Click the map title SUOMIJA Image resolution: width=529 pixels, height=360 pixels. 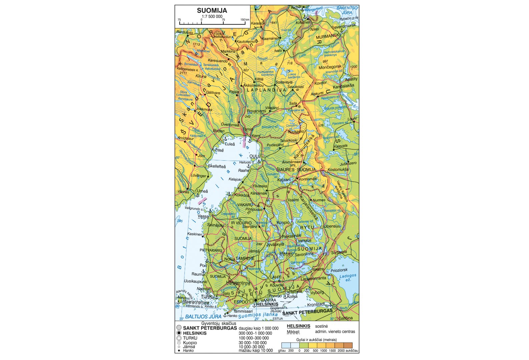point(212,10)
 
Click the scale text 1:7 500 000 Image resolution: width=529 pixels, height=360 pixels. point(212,16)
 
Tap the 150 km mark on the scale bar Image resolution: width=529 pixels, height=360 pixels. point(245,20)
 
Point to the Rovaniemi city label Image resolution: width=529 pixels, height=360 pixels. point(256,111)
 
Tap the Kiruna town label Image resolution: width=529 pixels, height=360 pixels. point(201,76)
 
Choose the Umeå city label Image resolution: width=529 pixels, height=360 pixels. point(202,191)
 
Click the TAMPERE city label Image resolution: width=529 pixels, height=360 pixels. point(245,258)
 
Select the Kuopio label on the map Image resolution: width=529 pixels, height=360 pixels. point(283,222)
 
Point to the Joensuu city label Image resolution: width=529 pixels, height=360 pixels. point(333,226)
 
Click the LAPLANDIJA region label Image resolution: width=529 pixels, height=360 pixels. point(267,90)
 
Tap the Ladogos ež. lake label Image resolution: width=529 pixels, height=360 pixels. point(348,278)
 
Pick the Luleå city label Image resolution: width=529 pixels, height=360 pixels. point(229,144)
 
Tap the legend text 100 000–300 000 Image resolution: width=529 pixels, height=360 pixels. point(253,338)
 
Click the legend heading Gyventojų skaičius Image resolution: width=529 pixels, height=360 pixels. point(218,323)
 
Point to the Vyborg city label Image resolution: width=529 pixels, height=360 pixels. point(317,292)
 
